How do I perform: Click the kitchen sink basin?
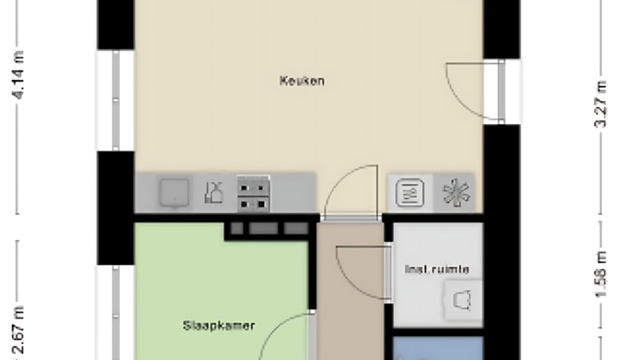[173, 193]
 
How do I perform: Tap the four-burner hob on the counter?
[254, 193]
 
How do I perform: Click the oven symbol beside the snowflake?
[410, 192]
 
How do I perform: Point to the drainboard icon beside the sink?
[213, 193]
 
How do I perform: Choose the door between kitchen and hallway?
[351, 193]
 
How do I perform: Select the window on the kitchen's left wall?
[115, 99]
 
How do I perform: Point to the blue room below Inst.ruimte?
[437, 349]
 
